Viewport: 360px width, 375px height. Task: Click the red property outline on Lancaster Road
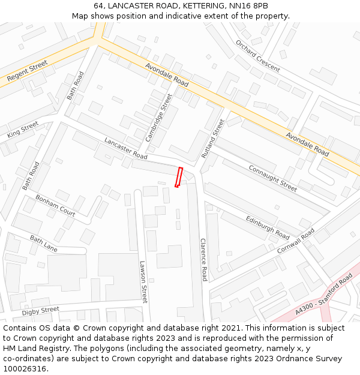pos(178,177)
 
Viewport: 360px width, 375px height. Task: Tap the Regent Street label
pos(27,71)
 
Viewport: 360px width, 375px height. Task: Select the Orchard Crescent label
pos(257,56)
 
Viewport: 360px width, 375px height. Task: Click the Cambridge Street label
pos(158,118)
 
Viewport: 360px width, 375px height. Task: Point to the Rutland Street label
pos(212,139)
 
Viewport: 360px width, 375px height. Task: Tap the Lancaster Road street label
pos(125,148)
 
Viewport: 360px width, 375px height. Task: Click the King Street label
pos(23,130)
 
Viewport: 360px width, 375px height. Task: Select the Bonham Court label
pos(55,205)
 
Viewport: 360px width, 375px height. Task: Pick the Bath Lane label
pos(44,242)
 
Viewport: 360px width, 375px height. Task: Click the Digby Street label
pos(40,311)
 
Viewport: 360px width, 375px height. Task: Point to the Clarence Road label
pos(203,259)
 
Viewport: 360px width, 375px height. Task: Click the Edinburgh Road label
pos(268,225)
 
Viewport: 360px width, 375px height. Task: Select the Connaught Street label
pos(272,178)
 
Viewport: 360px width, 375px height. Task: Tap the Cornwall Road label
pos(295,241)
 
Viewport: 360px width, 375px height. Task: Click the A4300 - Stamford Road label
pos(325,295)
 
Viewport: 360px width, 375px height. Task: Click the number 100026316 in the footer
pos(26,369)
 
